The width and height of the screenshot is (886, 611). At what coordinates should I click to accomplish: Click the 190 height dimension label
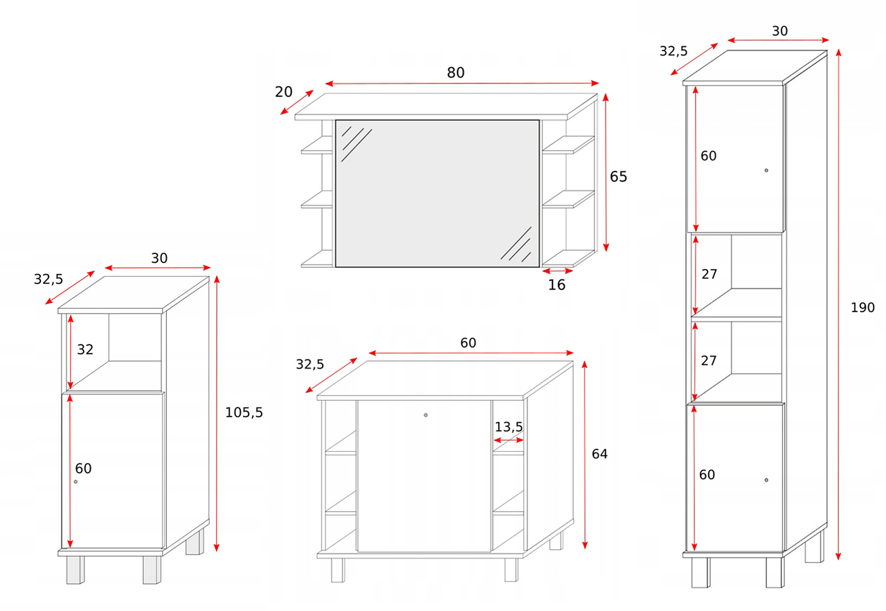(862, 307)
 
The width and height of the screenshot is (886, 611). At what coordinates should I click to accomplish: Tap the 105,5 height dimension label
(244, 412)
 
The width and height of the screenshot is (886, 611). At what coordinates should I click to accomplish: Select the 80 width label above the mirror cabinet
(455, 73)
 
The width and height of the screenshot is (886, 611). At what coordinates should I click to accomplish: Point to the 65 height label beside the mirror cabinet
(618, 176)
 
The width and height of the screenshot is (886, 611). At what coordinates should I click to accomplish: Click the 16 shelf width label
(557, 284)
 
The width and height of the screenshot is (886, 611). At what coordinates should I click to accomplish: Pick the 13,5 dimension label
(509, 427)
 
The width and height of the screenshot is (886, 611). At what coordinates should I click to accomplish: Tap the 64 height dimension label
(599, 454)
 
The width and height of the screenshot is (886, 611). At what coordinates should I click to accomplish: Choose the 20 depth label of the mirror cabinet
(284, 92)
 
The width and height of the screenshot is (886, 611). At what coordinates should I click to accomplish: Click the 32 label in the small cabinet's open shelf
(85, 349)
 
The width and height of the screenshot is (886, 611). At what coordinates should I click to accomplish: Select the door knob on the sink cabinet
(426, 415)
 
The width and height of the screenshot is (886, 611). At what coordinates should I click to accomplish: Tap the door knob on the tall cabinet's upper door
(766, 170)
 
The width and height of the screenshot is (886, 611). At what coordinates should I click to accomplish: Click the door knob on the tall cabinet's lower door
(766, 480)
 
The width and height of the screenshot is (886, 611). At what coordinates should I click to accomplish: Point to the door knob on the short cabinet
(75, 482)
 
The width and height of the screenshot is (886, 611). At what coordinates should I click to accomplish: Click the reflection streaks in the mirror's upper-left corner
(356, 143)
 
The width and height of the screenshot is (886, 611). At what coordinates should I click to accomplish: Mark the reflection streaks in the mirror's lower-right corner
(516, 244)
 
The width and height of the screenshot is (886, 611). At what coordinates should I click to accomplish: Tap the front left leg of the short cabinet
(75, 570)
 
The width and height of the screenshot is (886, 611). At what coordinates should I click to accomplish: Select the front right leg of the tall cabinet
(775, 572)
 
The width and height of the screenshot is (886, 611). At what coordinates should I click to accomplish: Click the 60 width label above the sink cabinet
(468, 343)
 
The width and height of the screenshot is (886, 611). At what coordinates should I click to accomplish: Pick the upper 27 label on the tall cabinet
(709, 274)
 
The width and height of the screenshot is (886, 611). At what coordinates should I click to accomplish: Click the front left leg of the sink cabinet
(338, 570)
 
